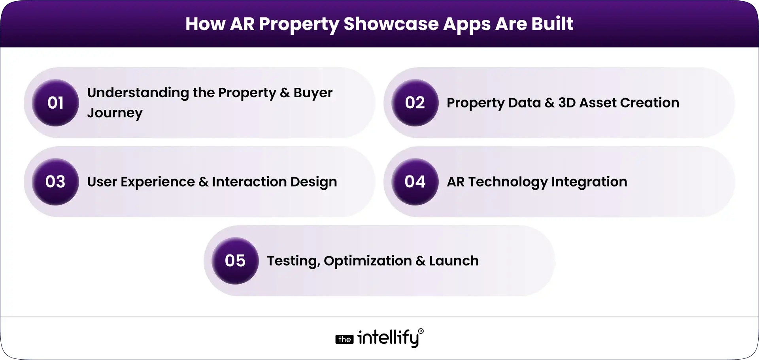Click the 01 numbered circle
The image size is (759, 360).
tap(55, 103)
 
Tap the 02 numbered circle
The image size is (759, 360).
tap(415, 103)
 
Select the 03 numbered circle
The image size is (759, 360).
tap(55, 182)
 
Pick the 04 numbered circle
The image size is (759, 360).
tap(415, 182)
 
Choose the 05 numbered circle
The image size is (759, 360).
tap(235, 261)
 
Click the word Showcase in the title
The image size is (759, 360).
tap(391, 24)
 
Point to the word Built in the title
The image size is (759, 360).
tap(552, 24)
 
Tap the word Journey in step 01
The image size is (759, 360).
tap(115, 113)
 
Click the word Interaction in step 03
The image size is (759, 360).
tap(249, 182)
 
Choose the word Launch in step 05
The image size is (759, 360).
tap(454, 261)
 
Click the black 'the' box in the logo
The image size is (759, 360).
tap(344, 339)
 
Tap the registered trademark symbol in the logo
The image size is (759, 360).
tap(421, 331)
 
